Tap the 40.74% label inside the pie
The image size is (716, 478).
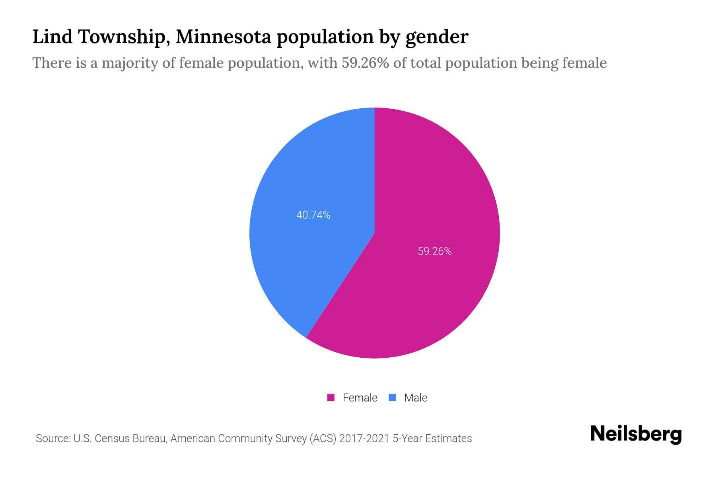[x=313, y=215]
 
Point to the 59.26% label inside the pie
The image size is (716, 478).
[x=434, y=251]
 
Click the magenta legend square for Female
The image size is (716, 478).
[x=331, y=398]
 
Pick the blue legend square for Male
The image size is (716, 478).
[x=392, y=398]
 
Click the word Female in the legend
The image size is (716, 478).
[x=360, y=398]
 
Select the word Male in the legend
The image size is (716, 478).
[x=415, y=398]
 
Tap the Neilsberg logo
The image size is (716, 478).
[x=636, y=434]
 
